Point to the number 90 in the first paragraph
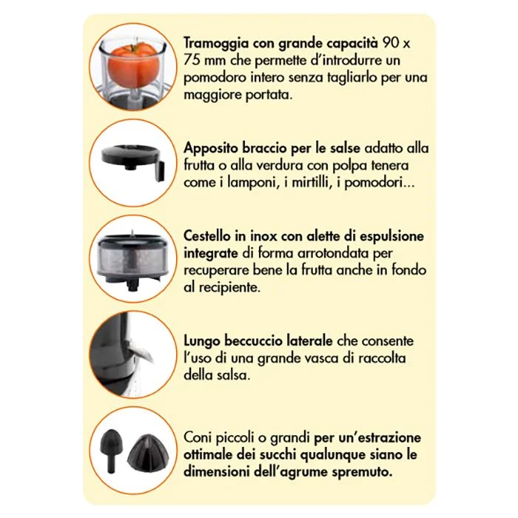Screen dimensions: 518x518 pos(390,43)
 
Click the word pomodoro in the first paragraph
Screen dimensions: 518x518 pos(215,78)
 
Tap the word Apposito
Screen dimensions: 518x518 pos(210,149)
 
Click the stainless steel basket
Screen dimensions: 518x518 pos(133,260)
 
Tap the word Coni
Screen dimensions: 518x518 pos(198,437)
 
